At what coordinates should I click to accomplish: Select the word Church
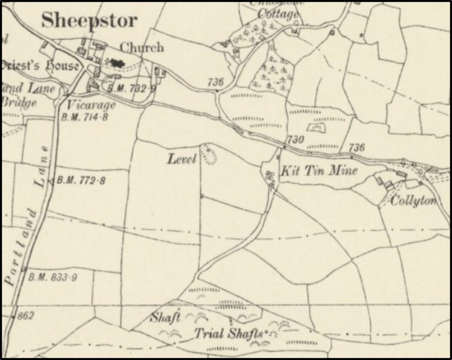[x=142, y=47]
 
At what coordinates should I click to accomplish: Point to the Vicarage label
[x=91, y=105]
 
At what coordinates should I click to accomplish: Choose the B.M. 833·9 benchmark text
[x=53, y=277]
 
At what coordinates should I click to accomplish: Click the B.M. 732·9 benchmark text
[x=132, y=88]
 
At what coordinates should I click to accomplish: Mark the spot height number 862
[x=26, y=316]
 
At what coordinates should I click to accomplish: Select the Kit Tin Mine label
[x=319, y=170]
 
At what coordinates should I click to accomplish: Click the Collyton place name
[x=414, y=201]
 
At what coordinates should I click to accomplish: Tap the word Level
[x=181, y=159]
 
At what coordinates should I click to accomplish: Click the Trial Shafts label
[x=229, y=334]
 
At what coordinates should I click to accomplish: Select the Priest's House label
[x=40, y=67]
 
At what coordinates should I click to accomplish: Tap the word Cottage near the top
[x=278, y=15]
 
